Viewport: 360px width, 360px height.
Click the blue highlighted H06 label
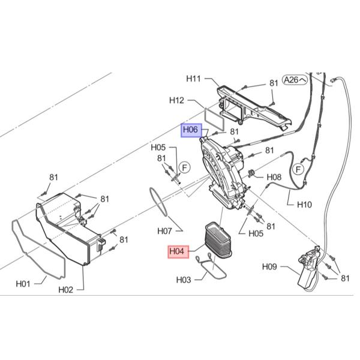pyautogui.click(x=191, y=130)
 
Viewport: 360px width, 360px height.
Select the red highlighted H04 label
pyautogui.click(x=178, y=251)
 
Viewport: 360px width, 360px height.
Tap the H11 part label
pyautogui.click(x=193, y=79)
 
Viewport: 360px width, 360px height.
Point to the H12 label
pyautogui.click(x=176, y=100)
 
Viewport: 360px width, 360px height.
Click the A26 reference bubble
pyautogui.click(x=295, y=80)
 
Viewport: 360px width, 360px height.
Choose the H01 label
pyautogui.click(x=23, y=284)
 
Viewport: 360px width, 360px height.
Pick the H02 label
pyautogui.click(x=65, y=290)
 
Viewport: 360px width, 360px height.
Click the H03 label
pyautogui.click(x=184, y=280)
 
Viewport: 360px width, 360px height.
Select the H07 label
pyautogui.click(x=164, y=231)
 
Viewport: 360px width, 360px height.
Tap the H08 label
pyautogui.click(x=274, y=177)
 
